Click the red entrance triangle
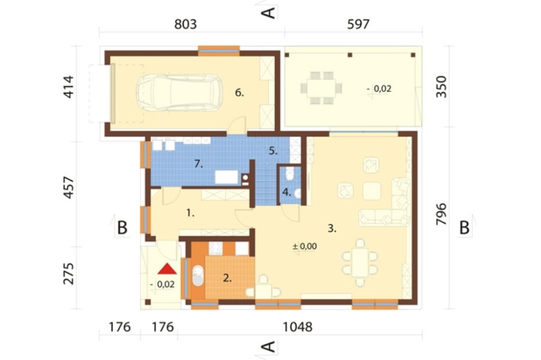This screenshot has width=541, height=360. [167, 269]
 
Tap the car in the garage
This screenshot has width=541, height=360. [180, 93]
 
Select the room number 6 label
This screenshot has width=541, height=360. [239, 92]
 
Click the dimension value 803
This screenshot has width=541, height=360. [185, 24]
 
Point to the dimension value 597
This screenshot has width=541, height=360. [358, 24]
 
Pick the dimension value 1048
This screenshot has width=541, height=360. [298, 326]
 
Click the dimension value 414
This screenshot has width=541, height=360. [69, 87]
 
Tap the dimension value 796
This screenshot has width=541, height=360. [441, 214]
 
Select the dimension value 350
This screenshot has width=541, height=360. [441, 87]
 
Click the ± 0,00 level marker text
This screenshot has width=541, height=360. [304, 246]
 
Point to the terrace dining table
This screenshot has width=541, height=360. [321, 88]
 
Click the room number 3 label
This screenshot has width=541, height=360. [332, 228]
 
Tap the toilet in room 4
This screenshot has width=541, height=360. [290, 174]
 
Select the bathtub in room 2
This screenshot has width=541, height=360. [197, 275]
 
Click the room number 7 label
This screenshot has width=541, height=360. [198, 164]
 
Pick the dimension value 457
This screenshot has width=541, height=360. [69, 188]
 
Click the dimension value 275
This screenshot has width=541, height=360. [69, 274]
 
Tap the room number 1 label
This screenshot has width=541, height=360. [190, 213]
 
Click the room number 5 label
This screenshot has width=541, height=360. [273, 151]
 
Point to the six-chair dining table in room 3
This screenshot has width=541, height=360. [360, 263]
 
